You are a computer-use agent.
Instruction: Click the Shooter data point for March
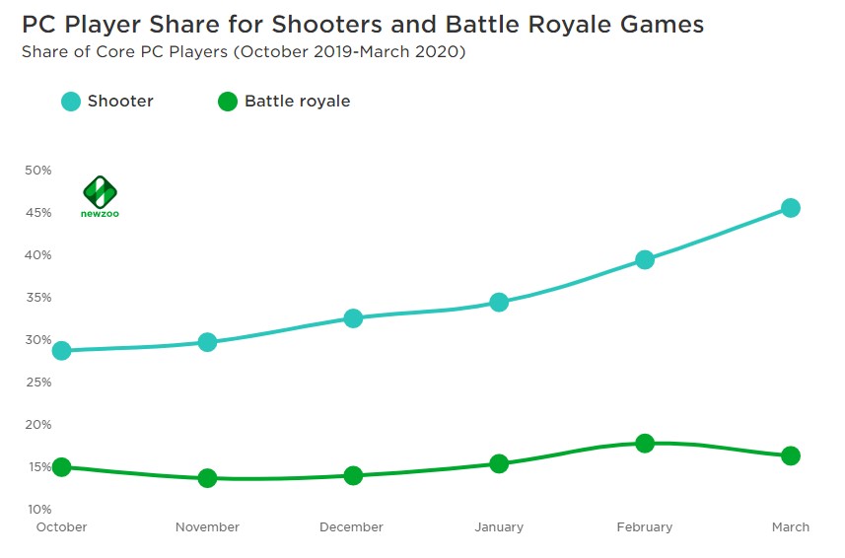[790, 208]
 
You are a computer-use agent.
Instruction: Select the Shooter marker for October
[61, 351]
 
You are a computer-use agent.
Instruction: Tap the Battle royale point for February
[645, 443]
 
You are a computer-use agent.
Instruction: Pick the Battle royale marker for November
[207, 478]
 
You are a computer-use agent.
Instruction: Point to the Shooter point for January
[499, 302]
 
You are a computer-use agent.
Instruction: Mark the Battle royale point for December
[353, 475]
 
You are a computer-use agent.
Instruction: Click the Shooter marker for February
[645, 260]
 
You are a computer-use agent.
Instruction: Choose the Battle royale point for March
[790, 455]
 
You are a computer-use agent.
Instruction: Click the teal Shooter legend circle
[71, 101]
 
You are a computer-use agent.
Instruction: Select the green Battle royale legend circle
[228, 101]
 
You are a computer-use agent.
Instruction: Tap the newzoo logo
[100, 196]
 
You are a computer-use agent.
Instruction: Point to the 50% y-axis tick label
[37, 171]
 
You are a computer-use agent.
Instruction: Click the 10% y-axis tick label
[37, 510]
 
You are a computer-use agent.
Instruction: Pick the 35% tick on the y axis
[37, 298]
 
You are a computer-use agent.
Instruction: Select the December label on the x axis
[352, 527]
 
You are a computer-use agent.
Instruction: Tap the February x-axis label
[645, 527]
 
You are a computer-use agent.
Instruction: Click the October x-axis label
[61, 527]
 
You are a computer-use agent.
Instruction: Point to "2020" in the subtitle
[439, 51]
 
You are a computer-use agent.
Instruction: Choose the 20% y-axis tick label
[37, 425]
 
